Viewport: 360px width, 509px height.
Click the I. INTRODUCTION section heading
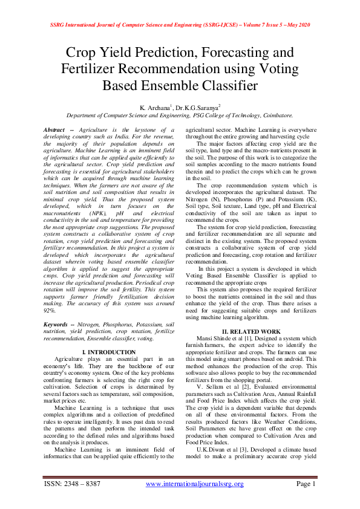point(108,352)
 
